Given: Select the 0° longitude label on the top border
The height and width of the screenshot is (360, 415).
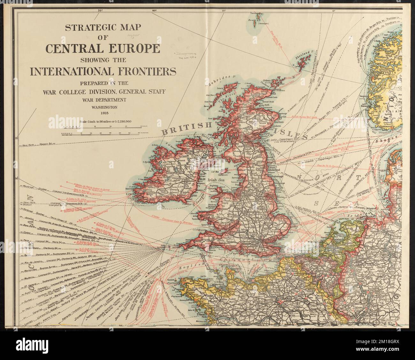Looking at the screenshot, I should (334, 11).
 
